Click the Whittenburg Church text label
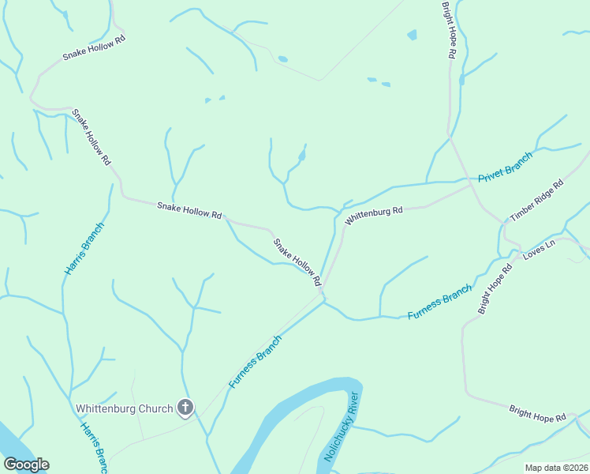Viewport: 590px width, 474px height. (124, 408)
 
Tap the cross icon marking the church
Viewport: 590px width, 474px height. (185, 408)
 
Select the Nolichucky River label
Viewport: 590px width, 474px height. (342, 427)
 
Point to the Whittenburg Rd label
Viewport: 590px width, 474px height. (375, 212)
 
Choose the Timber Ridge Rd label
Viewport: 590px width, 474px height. (537, 201)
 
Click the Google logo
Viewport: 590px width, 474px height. (26, 465)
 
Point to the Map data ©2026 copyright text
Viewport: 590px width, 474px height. (555, 468)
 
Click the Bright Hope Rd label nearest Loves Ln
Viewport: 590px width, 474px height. (495, 288)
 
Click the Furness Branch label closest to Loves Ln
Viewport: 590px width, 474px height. (439, 302)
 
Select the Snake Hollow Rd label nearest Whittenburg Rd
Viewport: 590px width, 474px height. (297, 263)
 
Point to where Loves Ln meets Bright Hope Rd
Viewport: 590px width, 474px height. (516, 257)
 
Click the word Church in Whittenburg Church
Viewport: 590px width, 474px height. (155, 408)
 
